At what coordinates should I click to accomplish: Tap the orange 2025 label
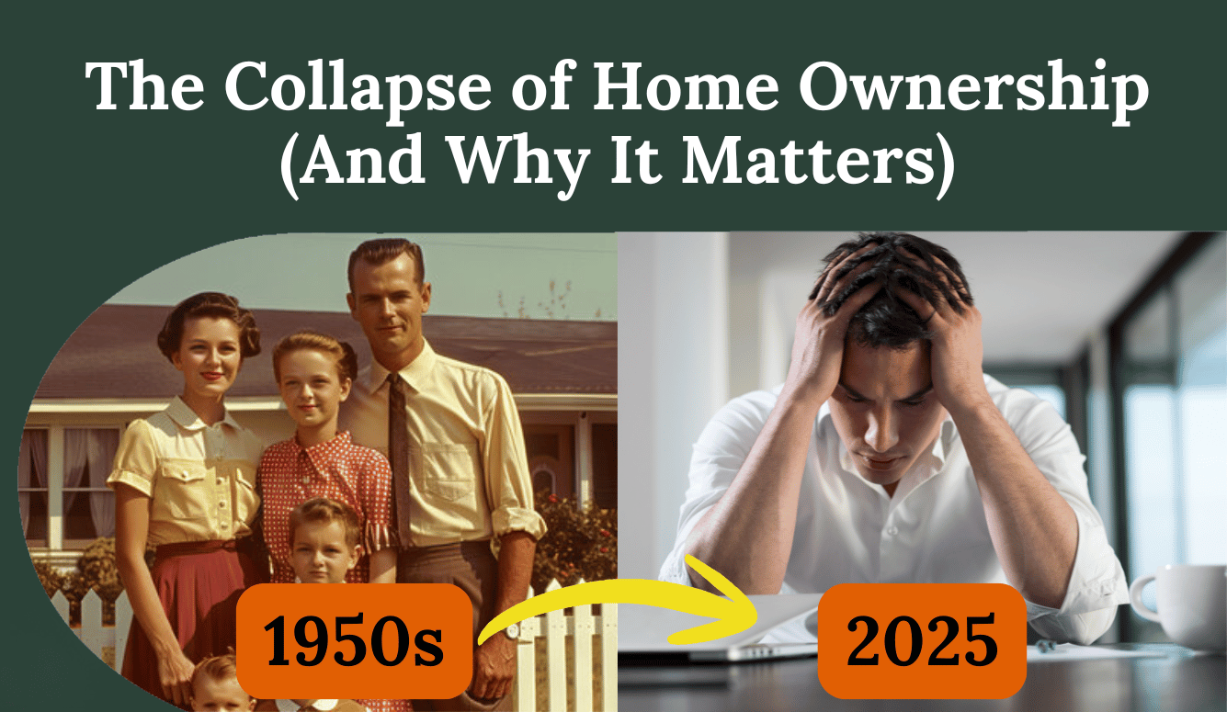tap(921, 641)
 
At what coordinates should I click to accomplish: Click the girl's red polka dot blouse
tap(317, 478)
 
